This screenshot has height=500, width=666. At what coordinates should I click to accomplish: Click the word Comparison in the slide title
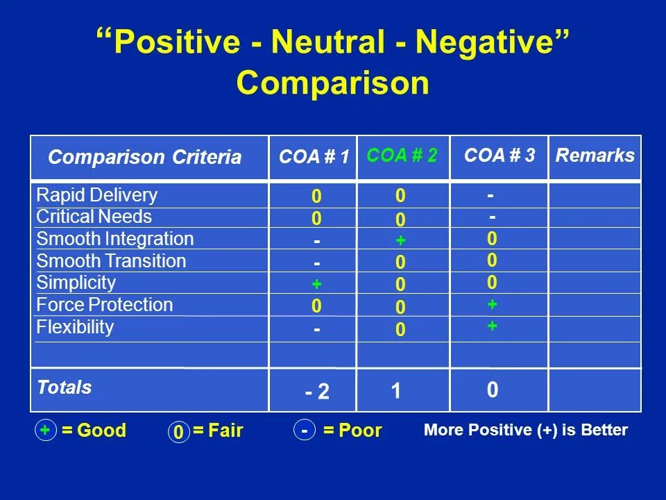(x=333, y=84)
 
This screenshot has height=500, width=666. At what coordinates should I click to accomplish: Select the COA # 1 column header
(x=314, y=157)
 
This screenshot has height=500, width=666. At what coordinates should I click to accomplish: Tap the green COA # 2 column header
(x=402, y=156)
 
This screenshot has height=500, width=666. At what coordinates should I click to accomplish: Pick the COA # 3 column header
(x=499, y=156)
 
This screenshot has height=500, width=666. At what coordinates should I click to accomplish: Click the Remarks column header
(x=595, y=156)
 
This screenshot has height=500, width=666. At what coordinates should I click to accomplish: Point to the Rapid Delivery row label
(x=96, y=195)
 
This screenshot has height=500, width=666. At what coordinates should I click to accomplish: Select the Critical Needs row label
(x=94, y=217)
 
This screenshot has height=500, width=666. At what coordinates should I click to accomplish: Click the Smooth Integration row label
(x=114, y=239)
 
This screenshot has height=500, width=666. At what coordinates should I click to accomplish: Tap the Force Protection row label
(x=104, y=305)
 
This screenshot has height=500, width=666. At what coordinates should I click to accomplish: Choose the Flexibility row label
(x=75, y=327)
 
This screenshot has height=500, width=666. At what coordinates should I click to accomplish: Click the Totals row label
(x=65, y=387)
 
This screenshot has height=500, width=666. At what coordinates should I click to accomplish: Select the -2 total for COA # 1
(x=317, y=393)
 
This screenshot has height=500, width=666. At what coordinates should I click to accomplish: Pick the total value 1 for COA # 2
(x=395, y=392)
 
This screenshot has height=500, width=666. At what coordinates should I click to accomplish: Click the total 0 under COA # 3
(x=492, y=392)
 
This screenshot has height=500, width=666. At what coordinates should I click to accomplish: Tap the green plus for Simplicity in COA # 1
(x=316, y=285)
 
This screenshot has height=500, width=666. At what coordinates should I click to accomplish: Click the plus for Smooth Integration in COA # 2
(x=400, y=240)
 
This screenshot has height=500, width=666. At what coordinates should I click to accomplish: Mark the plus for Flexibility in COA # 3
(x=492, y=325)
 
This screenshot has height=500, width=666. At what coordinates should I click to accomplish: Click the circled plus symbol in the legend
(x=45, y=431)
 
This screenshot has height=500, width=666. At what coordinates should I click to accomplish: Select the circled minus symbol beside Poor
(x=305, y=431)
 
